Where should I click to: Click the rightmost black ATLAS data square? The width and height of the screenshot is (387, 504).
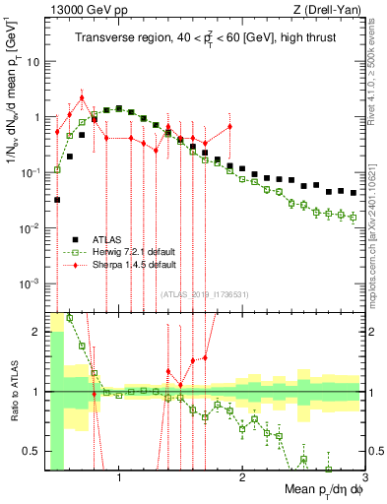[x=353, y=192]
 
